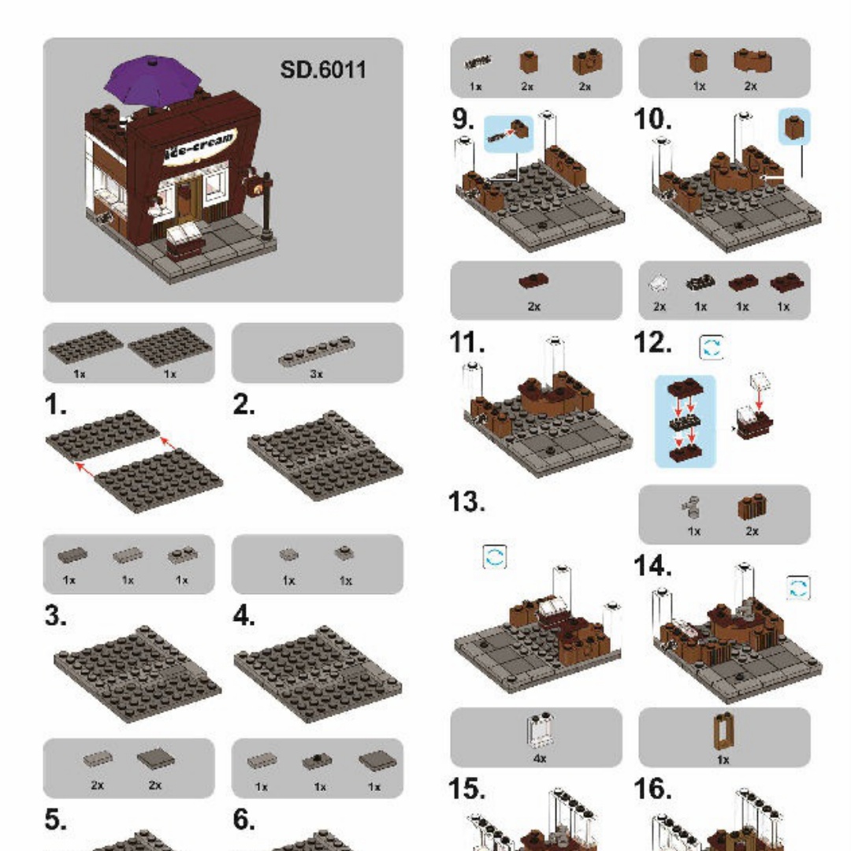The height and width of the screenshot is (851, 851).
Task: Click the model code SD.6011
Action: click(323, 69)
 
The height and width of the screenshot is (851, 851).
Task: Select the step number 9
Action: click(463, 119)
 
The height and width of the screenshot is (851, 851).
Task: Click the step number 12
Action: click(653, 343)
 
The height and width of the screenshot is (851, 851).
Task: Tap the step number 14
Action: click(653, 565)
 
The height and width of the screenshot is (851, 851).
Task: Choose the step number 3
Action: click(56, 616)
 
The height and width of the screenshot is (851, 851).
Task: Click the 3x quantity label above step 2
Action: click(317, 374)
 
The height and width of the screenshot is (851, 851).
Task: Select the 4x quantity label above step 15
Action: click(540, 758)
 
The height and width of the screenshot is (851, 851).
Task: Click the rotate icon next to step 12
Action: click(712, 347)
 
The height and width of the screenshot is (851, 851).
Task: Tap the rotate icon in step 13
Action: click(494, 557)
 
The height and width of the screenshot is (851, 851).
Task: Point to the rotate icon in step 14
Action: click(798, 588)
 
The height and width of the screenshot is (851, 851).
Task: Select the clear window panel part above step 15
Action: click(539, 730)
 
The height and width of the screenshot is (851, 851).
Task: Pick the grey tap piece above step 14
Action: click(691, 507)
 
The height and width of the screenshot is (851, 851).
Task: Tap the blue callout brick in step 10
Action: click(794, 126)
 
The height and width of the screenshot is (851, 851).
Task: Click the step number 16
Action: click(653, 789)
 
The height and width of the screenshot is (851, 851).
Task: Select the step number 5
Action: click(56, 819)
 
